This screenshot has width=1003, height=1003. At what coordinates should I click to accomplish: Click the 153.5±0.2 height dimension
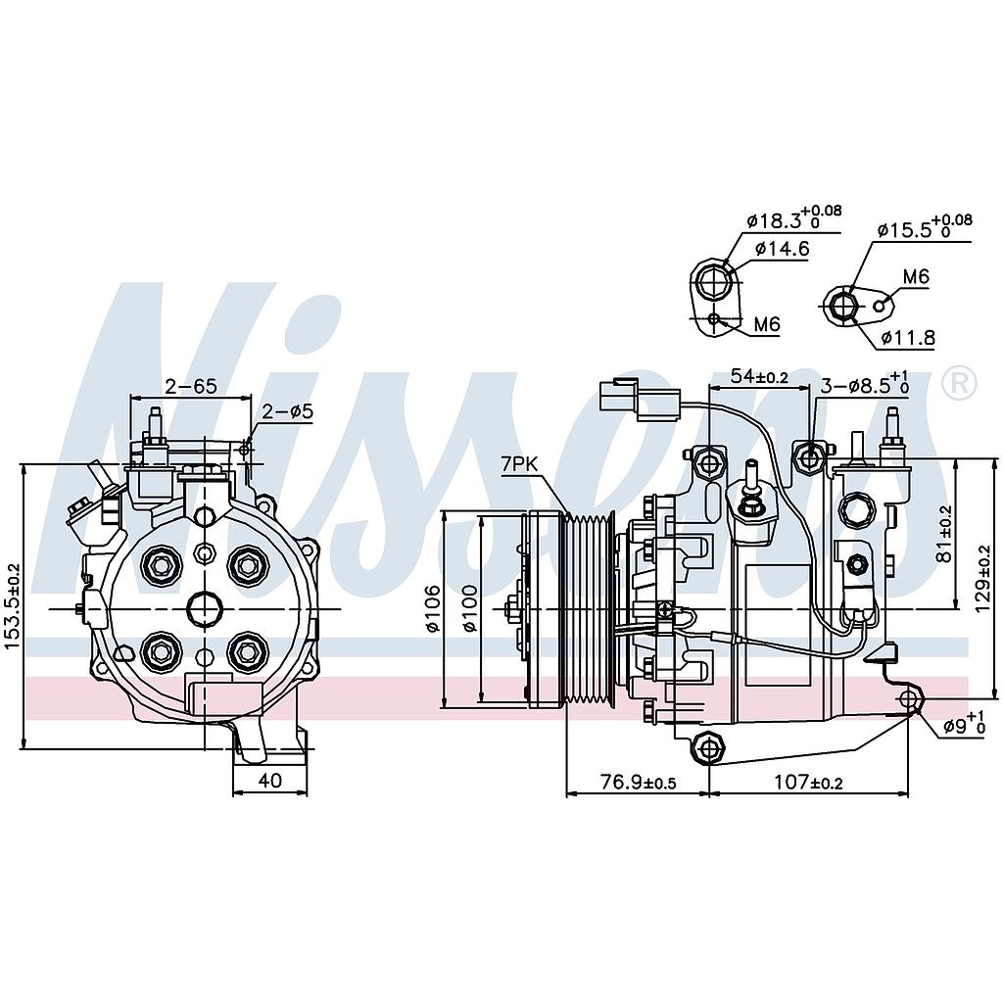[x=12, y=606]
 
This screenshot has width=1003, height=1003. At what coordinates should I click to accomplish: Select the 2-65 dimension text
[x=190, y=386]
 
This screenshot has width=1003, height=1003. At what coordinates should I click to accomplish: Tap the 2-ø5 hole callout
[x=288, y=411]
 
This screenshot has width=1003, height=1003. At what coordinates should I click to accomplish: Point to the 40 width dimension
[x=270, y=781]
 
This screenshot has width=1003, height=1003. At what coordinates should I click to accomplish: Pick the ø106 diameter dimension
[x=432, y=609]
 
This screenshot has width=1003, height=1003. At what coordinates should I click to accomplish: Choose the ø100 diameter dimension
[x=471, y=609]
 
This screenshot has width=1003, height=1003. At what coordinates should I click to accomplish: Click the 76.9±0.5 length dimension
[x=637, y=782]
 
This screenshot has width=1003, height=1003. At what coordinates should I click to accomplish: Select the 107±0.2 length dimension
[x=809, y=782]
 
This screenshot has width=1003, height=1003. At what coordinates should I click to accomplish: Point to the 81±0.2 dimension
[x=944, y=534]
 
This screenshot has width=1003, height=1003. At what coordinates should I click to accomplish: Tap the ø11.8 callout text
[x=908, y=338]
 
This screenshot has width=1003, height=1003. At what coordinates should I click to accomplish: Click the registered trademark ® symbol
[x=958, y=383]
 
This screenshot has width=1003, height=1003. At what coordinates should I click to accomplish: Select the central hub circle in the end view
[x=204, y=609]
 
